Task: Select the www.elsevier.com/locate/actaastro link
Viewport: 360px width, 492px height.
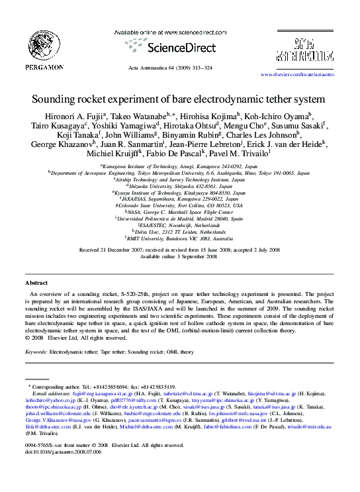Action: (297, 75)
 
